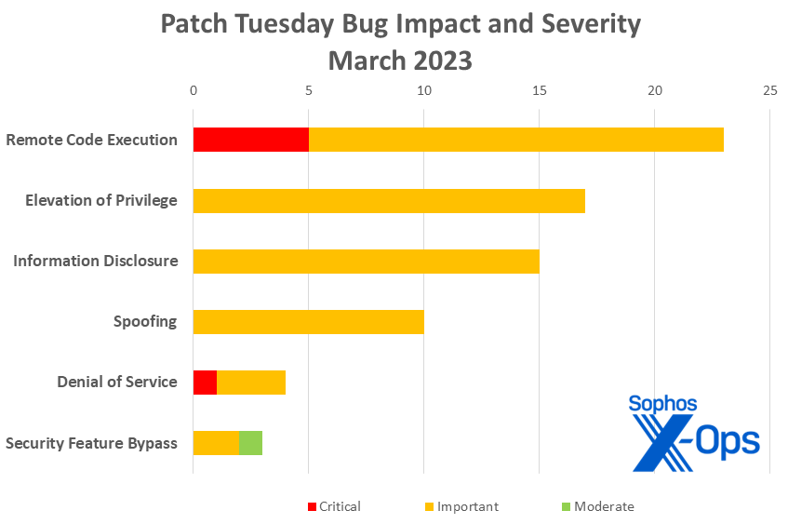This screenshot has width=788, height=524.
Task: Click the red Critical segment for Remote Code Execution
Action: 250,141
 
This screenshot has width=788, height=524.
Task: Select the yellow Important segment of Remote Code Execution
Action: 515,141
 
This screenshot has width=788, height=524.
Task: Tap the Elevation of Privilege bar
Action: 389,201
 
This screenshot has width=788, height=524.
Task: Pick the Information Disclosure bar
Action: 366,262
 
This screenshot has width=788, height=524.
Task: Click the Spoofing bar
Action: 308,322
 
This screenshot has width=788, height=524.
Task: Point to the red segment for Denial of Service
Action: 205,383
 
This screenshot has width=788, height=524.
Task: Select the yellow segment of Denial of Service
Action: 251,383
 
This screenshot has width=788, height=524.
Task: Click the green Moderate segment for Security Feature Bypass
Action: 250,443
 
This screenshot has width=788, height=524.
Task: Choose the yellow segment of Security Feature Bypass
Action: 216,443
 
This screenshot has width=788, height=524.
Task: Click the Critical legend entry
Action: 334,507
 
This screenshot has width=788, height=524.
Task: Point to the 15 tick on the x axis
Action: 539,90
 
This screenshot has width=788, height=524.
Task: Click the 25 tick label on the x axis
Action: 769,90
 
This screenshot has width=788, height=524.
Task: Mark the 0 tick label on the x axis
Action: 194,90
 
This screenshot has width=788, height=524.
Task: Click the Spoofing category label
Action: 145,322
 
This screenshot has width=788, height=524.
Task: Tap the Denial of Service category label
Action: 117,383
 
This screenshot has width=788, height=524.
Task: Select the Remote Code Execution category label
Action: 91,141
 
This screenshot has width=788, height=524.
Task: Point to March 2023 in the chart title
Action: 400,60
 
